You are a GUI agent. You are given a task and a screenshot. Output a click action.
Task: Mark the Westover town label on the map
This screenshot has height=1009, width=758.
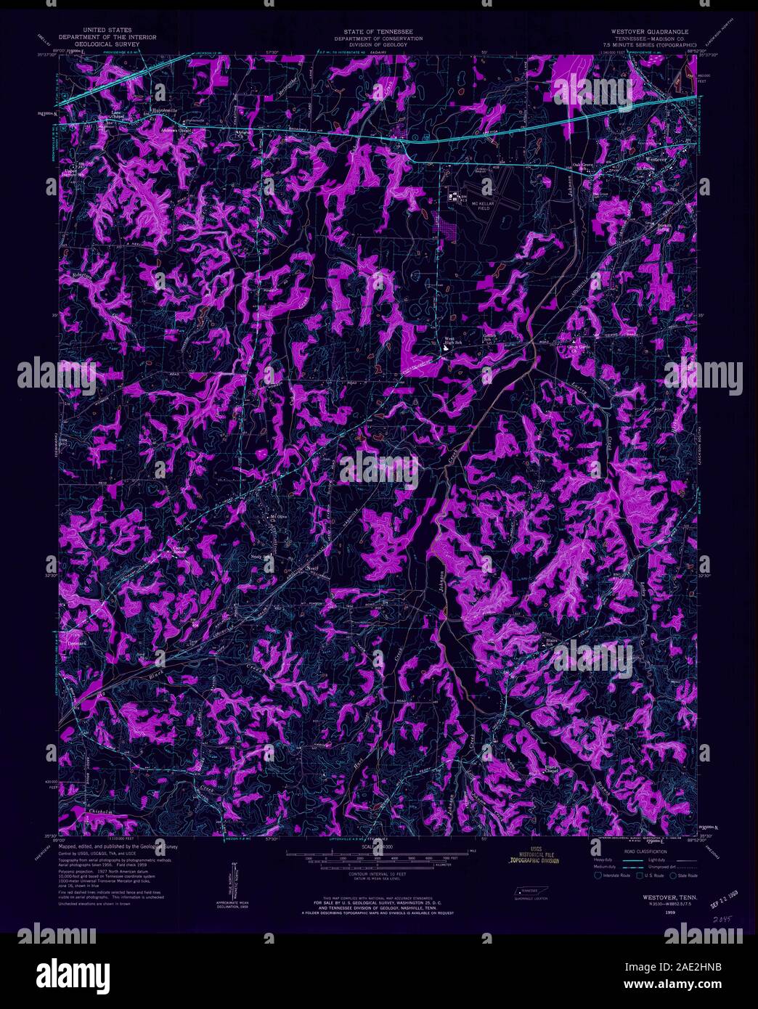click(x=655, y=159)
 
